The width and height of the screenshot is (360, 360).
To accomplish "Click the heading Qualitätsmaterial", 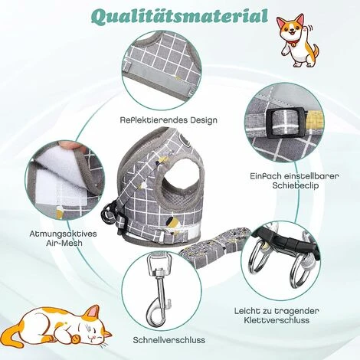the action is [x=179, y=16].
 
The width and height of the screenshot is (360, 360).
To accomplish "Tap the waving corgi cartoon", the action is [x=297, y=41].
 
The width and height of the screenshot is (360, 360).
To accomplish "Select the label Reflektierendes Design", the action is [x=169, y=120].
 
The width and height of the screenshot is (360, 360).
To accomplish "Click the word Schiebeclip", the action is [x=296, y=185].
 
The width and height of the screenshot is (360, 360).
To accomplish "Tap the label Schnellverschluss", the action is [x=169, y=340].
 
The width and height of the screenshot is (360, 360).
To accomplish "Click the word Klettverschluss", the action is [x=277, y=320].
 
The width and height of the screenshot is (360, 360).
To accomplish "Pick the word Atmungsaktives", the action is [x=64, y=234].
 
